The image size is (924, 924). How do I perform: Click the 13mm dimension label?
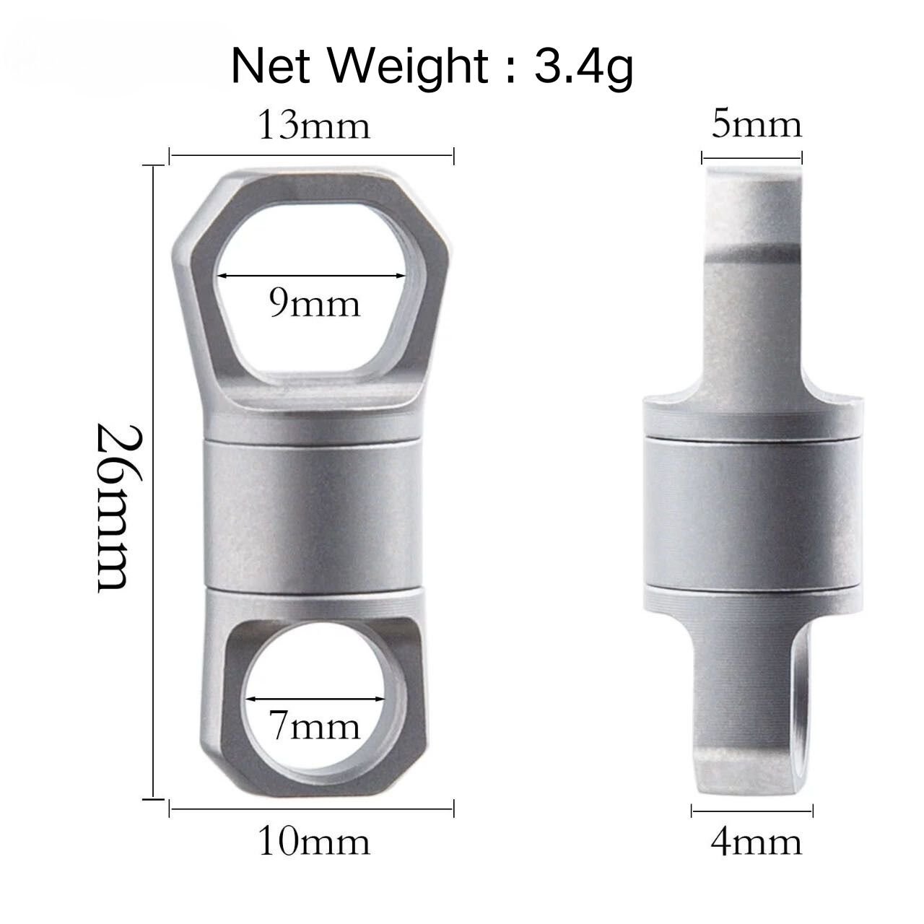(x=313, y=126)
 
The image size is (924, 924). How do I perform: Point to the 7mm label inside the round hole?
(x=313, y=725)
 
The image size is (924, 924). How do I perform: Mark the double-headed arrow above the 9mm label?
(x=311, y=276)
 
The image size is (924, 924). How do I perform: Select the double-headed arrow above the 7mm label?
(x=315, y=698)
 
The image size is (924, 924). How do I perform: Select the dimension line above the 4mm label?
(x=752, y=812)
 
